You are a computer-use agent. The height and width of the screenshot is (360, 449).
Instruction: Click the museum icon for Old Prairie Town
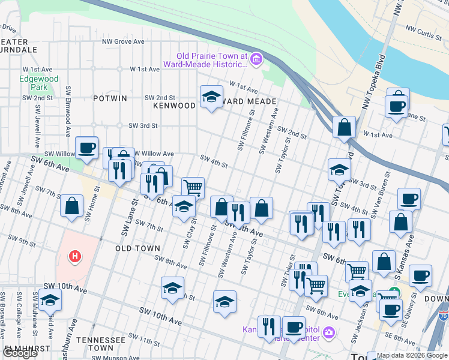(x=257, y=58)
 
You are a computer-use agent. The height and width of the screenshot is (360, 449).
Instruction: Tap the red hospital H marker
(x=74, y=257)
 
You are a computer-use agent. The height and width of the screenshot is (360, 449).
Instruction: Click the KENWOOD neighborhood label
(x=175, y=105)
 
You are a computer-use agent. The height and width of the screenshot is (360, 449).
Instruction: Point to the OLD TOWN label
(x=137, y=248)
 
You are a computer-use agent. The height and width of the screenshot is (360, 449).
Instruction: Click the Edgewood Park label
(x=39, y=83)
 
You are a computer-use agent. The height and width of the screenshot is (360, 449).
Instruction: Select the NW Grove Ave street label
(x=123, y=41)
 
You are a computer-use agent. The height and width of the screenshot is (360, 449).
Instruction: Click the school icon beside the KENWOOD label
(x=211, y=97)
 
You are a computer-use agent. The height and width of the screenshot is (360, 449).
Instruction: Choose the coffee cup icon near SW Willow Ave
(x=86, y=147)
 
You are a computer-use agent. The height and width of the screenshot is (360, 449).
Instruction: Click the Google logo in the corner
(x=20, y=353)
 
